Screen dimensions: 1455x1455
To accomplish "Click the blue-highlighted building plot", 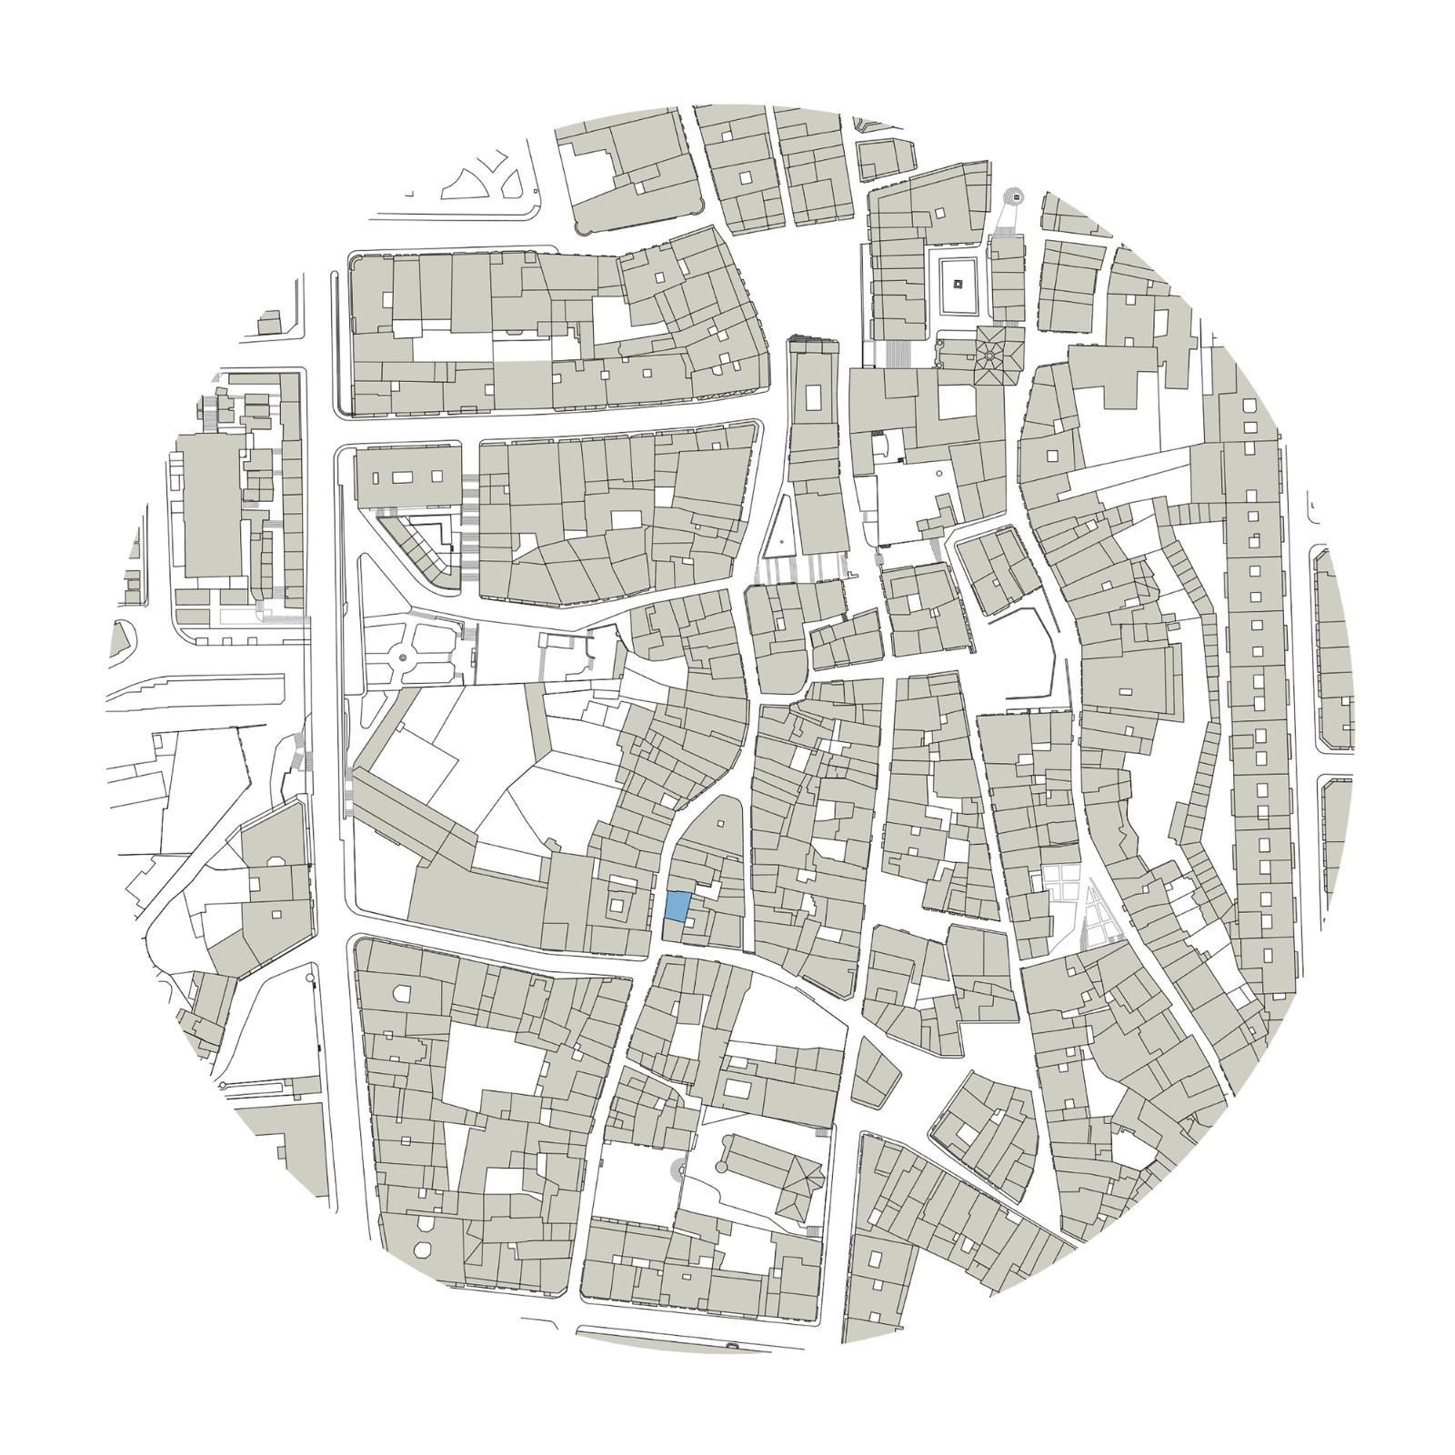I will pos(677,907).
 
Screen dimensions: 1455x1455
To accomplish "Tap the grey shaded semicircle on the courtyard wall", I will pos(677,1171).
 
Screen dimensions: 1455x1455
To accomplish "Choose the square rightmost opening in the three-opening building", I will pos(437,477).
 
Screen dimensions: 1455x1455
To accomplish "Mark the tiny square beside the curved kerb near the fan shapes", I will pos(411,193).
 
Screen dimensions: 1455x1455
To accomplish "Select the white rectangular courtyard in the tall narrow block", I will pos(812,397).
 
